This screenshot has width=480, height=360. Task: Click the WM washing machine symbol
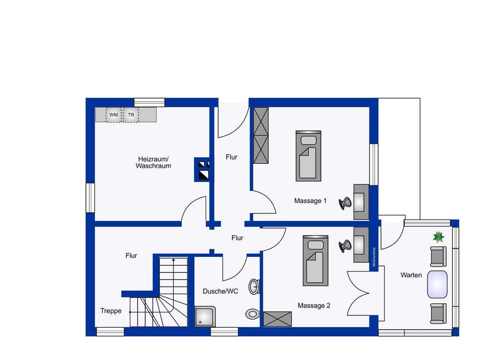(x=114, y=115)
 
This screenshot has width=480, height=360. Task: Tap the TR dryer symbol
(x=131, y=115)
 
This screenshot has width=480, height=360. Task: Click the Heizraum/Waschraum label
(x=153, y=162)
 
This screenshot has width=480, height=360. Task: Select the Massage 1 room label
(x=310, y=201)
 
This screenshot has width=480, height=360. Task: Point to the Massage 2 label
(x=314, y=305)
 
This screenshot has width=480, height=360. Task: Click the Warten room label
(x=411, y=275)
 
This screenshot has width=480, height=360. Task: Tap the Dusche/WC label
(x=220, y=291)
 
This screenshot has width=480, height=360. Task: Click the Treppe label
(x=111, y=311)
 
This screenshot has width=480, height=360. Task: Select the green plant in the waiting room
(x=438, y=236)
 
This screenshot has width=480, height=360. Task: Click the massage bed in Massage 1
(x=308, y=156)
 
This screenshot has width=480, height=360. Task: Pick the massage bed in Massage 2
(x=315, y=260)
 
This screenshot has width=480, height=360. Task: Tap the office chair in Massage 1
(x=346, y=202)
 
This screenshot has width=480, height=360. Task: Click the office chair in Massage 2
(x=346, y=245)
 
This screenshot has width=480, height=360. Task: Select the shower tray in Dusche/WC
(x=206, y=317)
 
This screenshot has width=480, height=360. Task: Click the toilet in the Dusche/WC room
(x=252, y=314)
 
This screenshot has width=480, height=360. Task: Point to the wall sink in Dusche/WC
(x=255, y=287)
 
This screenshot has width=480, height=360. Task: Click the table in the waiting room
(x=437, y=284)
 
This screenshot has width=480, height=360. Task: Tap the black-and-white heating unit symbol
(x=203, y=169)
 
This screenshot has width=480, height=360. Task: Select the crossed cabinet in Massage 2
(x=277, y=319)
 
